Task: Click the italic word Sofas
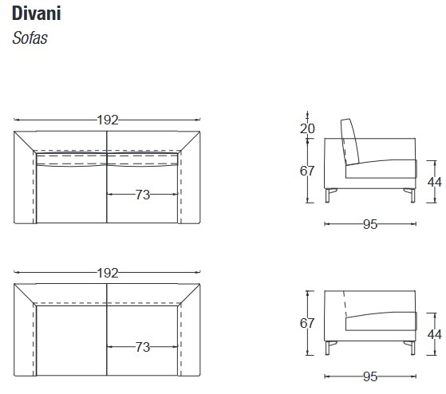click(30, 37)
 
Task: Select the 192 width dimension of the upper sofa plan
click(108, 120)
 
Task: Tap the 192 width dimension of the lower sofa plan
click(108, 273)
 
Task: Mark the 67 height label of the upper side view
click(308, 170)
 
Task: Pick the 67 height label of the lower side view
click(308, 322)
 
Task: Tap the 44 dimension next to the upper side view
click(434, 181)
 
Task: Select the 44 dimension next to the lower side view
click(434, 333)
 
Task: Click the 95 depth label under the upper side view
click(370, 224)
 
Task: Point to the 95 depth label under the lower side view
click(370, 376)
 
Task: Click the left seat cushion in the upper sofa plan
click(72, 195)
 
